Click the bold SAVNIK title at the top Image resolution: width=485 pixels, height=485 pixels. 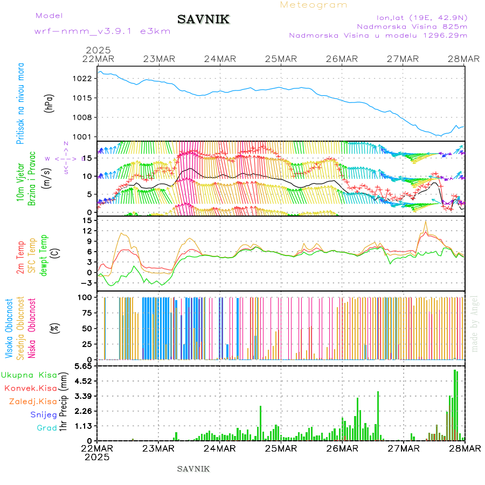click(204, 20)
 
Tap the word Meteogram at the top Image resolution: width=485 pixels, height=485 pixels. click(314, 5)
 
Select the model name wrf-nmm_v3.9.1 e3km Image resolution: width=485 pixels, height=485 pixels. click(102, 31)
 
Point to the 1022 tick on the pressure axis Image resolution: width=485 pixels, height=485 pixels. click(85, 78)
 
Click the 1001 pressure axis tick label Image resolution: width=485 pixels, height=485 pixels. click(85, 136)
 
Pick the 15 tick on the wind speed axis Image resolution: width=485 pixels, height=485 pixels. click(89, 157)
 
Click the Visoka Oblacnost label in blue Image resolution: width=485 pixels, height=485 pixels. click(9, 329)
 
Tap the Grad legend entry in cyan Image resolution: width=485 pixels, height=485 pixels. click(46, 428)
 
